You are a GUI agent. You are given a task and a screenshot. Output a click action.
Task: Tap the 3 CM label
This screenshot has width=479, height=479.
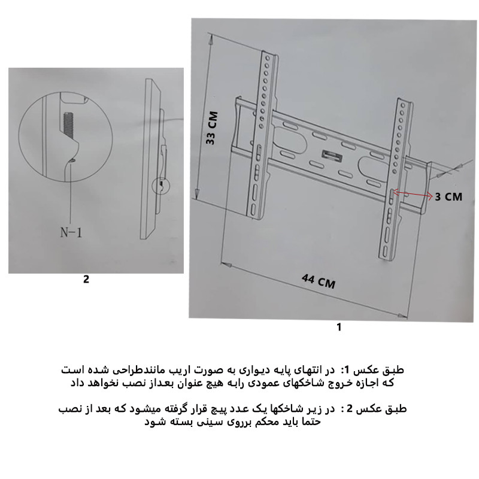click(448, 196)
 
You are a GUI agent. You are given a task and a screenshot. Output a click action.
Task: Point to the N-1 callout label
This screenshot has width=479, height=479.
click(71, 233)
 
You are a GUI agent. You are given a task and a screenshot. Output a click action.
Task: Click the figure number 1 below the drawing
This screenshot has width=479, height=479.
click(339, 327)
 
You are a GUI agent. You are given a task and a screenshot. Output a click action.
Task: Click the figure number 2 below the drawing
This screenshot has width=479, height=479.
click(86, 279)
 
